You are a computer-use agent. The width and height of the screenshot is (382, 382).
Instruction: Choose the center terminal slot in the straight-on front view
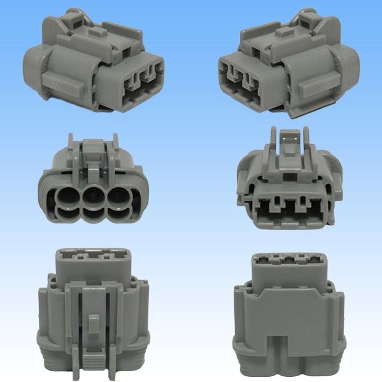click(289, 208)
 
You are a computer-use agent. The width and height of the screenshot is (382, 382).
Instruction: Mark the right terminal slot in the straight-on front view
click(312, 208)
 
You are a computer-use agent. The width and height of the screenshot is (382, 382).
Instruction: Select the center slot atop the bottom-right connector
click(289, 260)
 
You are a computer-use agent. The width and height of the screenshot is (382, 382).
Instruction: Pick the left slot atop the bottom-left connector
click(71, 253)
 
